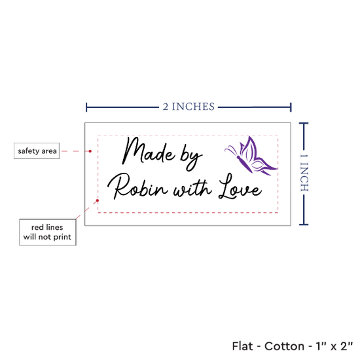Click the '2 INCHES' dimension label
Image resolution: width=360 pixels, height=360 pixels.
[189, 107]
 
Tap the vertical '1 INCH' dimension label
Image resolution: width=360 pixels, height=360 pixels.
[304, 173]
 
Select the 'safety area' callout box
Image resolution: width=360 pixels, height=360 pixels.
[37, 151]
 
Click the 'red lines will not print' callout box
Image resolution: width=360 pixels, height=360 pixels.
[48, 232]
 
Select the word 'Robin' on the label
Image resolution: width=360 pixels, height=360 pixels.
[137, 186]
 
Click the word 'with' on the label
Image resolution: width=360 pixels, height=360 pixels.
[192, 189]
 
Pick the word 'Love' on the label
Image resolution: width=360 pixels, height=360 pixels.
[240, 187]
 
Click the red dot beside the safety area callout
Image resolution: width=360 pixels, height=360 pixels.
[90, 151]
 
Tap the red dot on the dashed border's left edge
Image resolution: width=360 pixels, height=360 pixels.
[98, 200]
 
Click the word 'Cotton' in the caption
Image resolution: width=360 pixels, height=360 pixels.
[284, 346]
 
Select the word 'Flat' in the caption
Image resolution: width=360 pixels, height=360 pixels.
[242, 346]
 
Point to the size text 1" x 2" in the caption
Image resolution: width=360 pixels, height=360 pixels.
[334, 346]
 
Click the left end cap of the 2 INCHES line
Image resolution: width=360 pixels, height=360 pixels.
[86, 107]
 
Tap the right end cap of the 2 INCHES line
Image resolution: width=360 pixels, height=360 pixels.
[291, 107]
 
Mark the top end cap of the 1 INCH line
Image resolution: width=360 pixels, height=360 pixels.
[304, 124]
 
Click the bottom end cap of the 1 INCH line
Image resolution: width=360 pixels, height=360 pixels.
[304, 225]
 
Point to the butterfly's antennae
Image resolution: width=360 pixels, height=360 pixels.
[232, 150]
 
